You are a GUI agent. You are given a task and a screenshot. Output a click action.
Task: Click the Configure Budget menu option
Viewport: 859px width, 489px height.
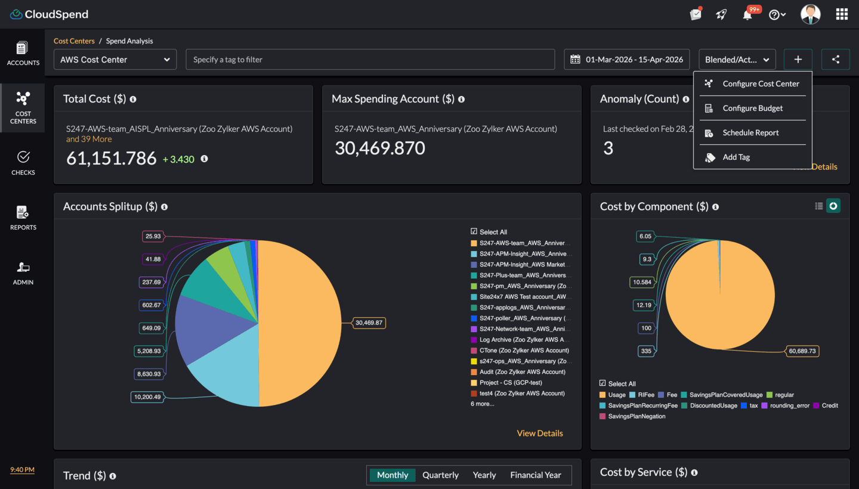[x=752, y=109]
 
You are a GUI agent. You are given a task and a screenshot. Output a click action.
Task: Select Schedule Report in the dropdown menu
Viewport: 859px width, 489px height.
[x=750, y=133]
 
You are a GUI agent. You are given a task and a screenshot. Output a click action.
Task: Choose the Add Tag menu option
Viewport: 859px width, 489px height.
[x=736, y=157]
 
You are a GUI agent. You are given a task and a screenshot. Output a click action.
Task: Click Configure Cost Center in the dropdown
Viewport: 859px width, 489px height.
[x=761, y=84]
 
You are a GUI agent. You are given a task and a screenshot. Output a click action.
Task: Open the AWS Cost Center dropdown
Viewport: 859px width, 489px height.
[x=115, y=60]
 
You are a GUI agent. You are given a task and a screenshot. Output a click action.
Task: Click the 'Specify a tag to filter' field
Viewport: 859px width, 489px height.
[x=370, y=60]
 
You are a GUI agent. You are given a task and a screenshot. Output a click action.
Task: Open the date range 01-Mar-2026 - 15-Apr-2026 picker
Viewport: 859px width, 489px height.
[x=627, y=60]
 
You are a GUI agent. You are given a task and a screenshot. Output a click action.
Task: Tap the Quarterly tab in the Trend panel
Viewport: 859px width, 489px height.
[x=440, y=475]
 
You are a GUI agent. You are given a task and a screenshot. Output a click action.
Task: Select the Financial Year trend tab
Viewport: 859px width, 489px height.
[x=535, y=475]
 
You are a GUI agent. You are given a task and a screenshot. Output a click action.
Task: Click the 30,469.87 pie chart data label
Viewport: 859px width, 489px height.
[x=369, y=323]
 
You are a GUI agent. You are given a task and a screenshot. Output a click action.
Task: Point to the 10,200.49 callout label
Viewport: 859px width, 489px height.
[x=147, y=397]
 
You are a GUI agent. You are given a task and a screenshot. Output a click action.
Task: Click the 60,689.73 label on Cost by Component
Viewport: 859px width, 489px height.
[x=802, y=351]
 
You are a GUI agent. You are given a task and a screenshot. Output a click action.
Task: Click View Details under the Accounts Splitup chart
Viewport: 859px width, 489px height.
[x=539, y=434]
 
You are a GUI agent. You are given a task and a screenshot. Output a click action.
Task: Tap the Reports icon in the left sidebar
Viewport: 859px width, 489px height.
[x=23, y=218]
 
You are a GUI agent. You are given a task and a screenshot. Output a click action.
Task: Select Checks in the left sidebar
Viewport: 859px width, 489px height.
[x=23, y=163]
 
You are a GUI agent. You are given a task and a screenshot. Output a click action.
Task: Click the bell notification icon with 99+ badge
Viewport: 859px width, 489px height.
[x=747, y=15]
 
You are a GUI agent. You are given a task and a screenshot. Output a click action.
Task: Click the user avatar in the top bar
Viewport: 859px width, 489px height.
[x=810, y=14]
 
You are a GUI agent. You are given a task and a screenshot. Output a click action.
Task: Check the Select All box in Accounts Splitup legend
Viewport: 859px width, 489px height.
[x=474, y=232]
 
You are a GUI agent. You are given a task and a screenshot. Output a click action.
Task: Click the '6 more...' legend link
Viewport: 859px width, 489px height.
[x=482, y=404]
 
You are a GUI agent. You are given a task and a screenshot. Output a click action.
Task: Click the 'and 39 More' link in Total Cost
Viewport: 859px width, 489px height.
[x=89, y=139]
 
